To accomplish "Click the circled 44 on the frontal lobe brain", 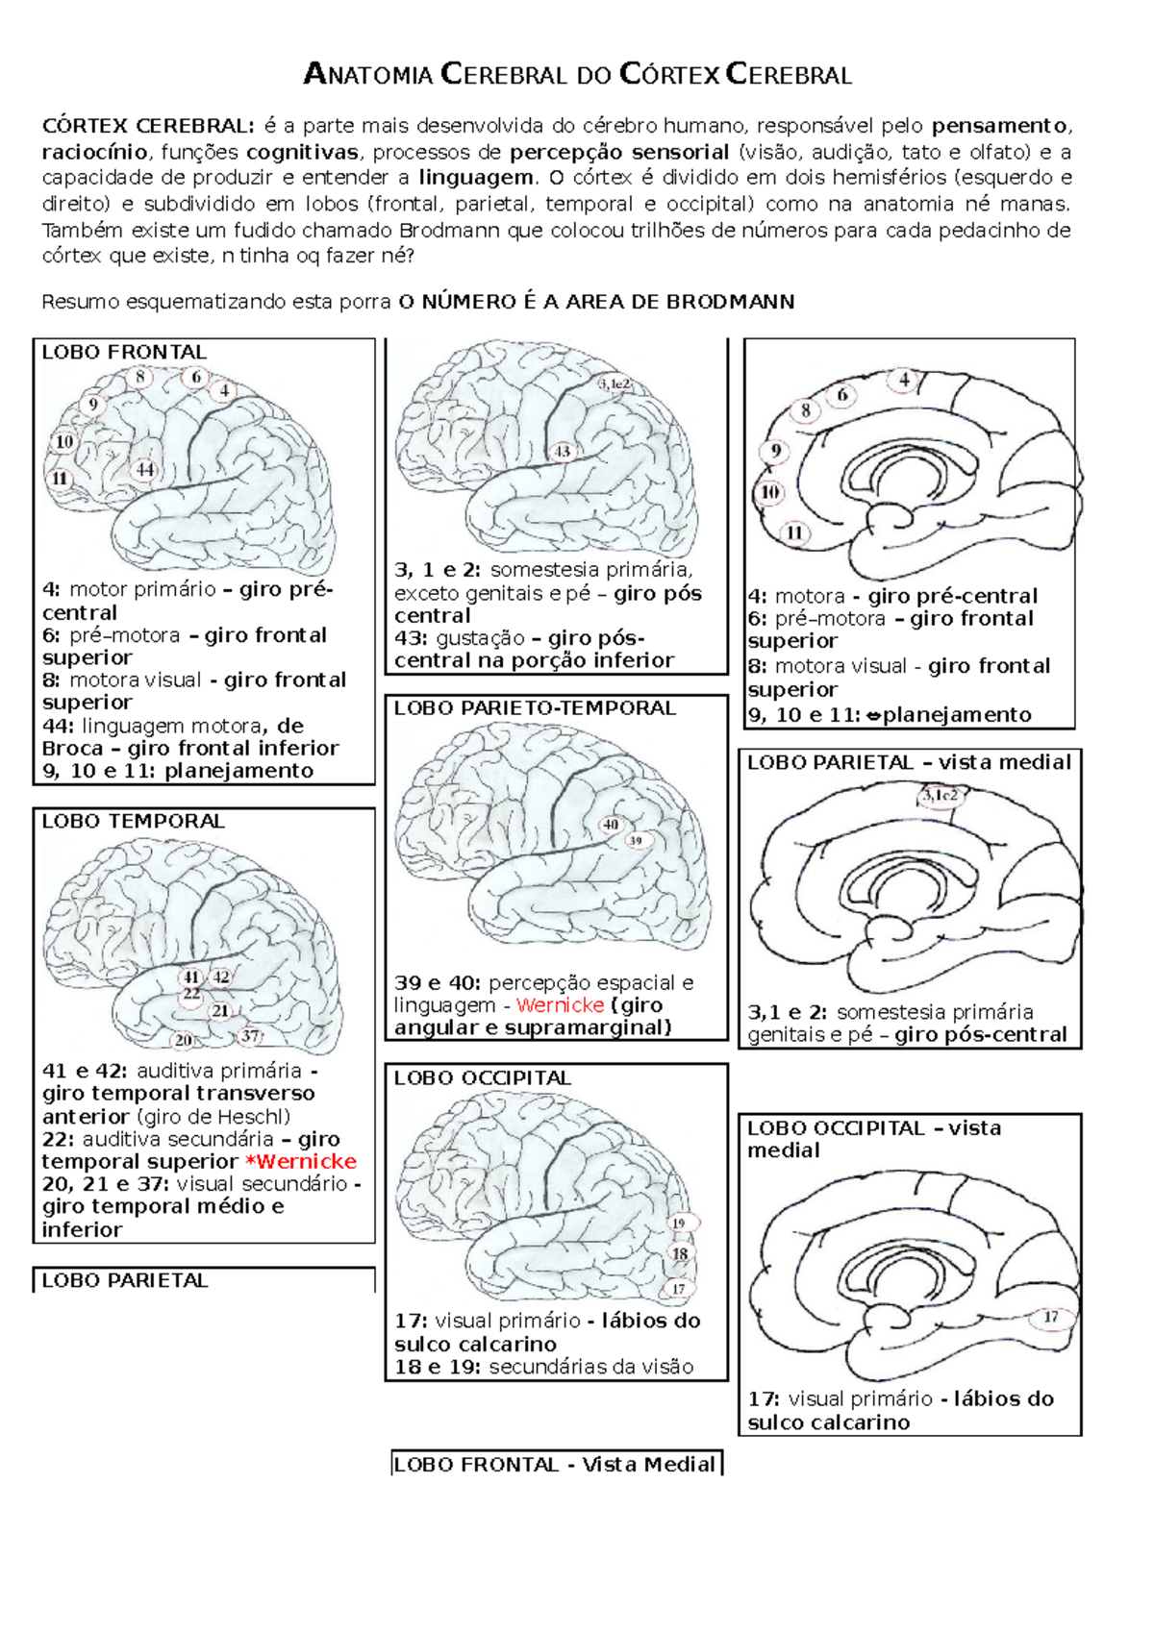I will (x=144, y=470).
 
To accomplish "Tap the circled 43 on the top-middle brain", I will (x=563, y=451).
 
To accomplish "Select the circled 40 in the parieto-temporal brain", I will (x=612, y=825).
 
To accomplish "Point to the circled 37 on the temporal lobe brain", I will (x=250, y=1035).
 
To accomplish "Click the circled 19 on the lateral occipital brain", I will (x=680, y=1224).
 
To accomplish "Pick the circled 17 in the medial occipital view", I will (x=1051, y=1318).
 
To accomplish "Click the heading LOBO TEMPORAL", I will (x=133, y=821).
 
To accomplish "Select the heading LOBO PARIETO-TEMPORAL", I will (x=535, y=708).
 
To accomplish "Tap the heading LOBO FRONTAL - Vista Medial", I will (x=556, y=1465).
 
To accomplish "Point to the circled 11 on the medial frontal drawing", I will (x=794, y=533).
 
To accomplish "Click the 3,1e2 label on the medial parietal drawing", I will (x=941, y=795).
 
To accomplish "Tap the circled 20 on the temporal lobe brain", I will (x=183, y=1039).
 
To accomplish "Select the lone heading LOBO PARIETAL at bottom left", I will (x=125, y=1280).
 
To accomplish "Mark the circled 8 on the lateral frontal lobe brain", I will (x=140, y=377).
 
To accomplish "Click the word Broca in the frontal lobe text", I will (x=72, y=749).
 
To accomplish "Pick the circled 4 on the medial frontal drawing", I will (x=904, y=380).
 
